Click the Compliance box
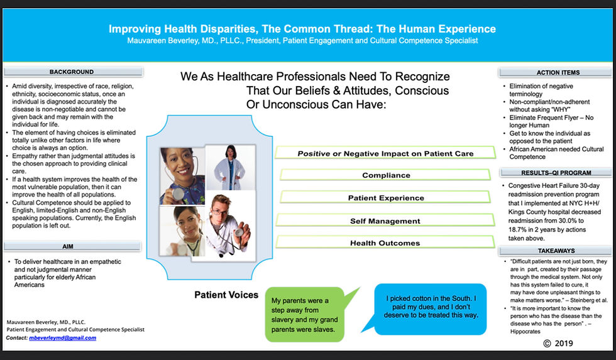(x=386, y=175)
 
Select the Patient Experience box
(x=386, y=198)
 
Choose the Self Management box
(x=385, y=221)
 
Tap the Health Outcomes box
(x=385, y=243)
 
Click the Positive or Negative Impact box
(x=385, y=153)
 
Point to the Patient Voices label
(x=226, y=295)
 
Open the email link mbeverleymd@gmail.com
(x=62, y=338)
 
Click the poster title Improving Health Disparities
(x=302, y=29)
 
